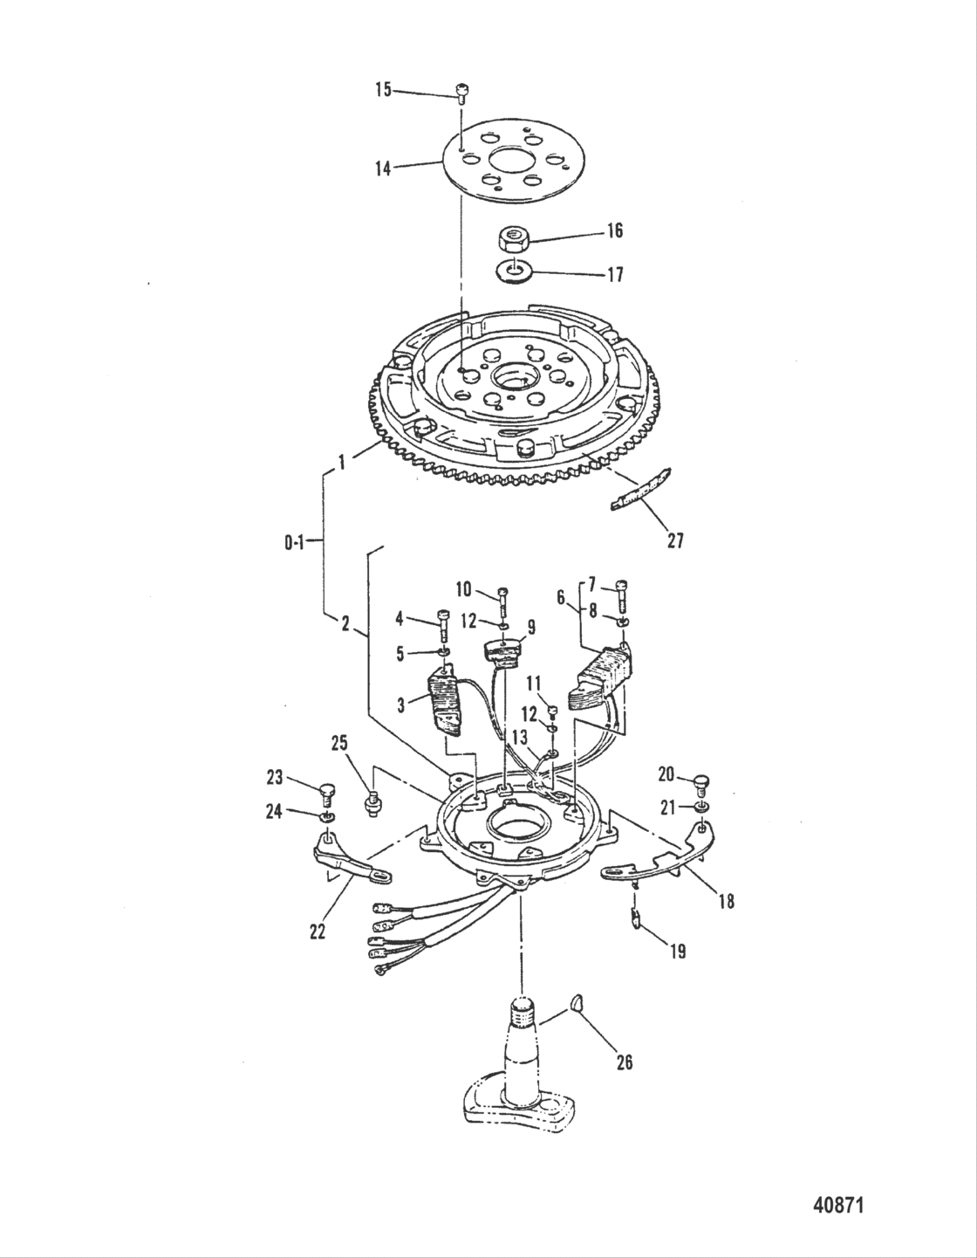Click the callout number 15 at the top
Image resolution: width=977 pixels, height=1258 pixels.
(x=384, y=90)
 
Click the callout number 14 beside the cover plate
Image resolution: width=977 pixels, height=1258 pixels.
(x=384, y=168)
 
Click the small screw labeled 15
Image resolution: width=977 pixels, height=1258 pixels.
(x=462, y=90)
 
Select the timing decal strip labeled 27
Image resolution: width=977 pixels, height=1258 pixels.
(x=641, y=492)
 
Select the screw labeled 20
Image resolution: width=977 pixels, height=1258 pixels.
(x=702, y=783)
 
